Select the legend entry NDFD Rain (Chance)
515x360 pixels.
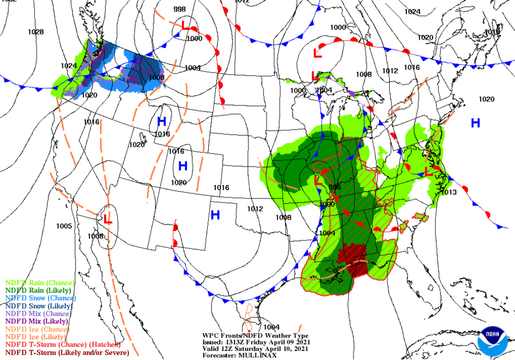click(x=38, y=282)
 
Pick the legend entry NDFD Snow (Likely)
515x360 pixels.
click(x=37, y=306)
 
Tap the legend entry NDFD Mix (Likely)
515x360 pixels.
click(x=35, y=322)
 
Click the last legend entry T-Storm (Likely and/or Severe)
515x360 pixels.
click(x=67, y=353)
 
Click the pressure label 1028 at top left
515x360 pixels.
click(x=35, y=32)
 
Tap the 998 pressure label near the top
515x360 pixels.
click(x=180, y=9)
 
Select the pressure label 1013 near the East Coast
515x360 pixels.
click(x=449, y=192)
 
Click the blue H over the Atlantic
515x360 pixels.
click(x=475, y=122)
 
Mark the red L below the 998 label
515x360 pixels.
click(x=185, y=26)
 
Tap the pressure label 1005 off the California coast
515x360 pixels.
click(x=64, y=226)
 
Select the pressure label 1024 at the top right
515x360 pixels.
click(x=412, y=12)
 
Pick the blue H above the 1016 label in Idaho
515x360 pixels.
click(x=161, y=121)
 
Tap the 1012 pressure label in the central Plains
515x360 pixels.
click(x=255, y=209)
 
